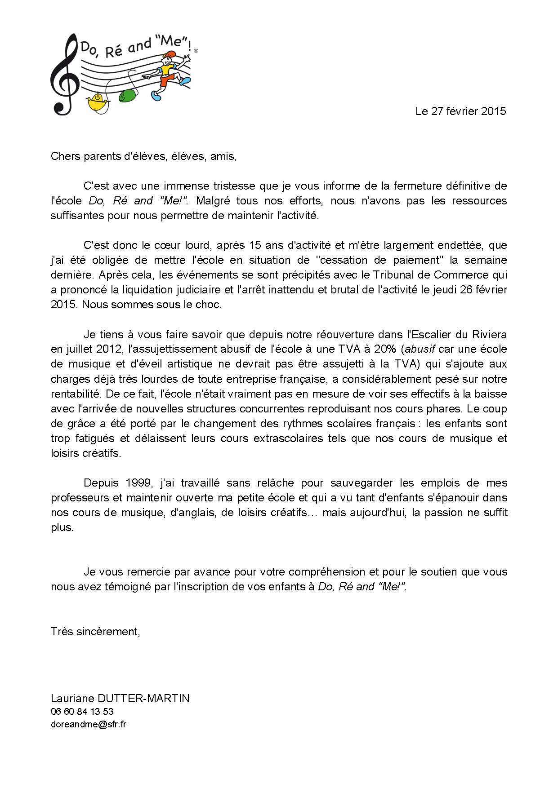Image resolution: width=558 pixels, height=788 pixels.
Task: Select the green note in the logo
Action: [128, 95]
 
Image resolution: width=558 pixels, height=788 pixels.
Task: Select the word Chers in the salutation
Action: [64, 156]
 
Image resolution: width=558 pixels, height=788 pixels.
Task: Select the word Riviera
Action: [489, 335]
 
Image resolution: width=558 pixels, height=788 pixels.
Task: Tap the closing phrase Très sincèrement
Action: [95, 632]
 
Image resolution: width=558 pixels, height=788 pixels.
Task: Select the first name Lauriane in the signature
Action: [72, 699]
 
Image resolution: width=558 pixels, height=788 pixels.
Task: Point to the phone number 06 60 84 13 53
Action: [82, 712]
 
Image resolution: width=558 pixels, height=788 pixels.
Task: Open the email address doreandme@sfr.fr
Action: [89, 724]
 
